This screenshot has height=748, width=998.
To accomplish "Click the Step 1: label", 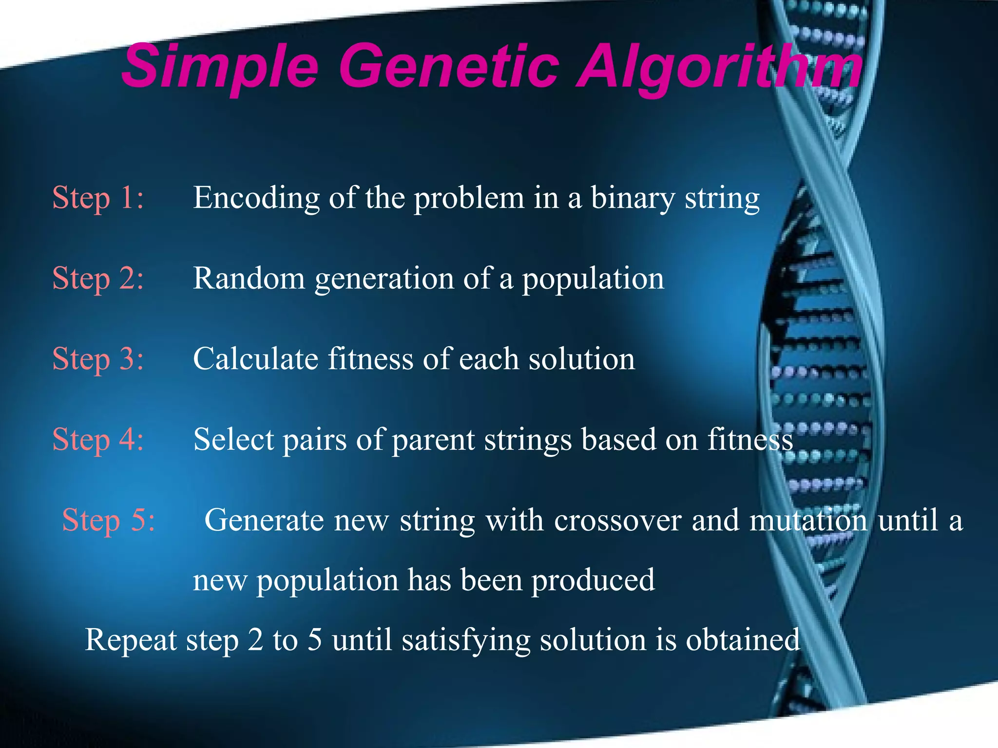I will (x=98, y=198).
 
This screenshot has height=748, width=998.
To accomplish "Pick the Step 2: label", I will (x=98, y=279).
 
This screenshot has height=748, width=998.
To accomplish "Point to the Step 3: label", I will (x=98, y=359).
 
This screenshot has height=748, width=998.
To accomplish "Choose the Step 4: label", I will (x=98, y=439).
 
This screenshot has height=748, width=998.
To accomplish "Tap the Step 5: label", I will (x=108, y=520).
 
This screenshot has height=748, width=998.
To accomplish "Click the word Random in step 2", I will (x=249, y=279).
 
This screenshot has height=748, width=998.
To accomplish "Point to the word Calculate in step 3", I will (x=255, y=359).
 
